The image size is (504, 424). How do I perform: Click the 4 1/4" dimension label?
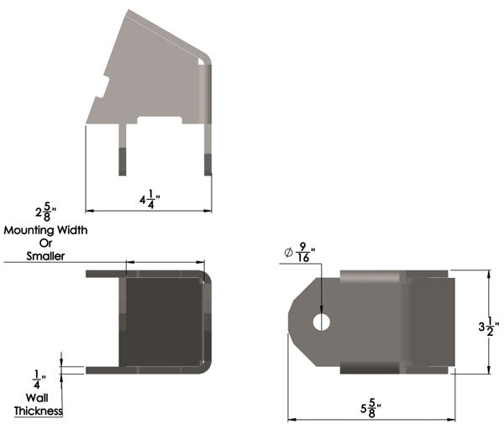(150, 199)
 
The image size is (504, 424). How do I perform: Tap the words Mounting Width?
(45, 230)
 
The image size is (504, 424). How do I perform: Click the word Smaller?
(45, 256)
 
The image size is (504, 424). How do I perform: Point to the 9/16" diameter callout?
(300, 253)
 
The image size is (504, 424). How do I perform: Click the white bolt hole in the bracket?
(322, 322)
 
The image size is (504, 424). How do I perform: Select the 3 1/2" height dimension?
(489, 327)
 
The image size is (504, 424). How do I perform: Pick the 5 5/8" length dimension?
(371, 408)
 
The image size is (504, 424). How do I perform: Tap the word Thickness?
(38, 411)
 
